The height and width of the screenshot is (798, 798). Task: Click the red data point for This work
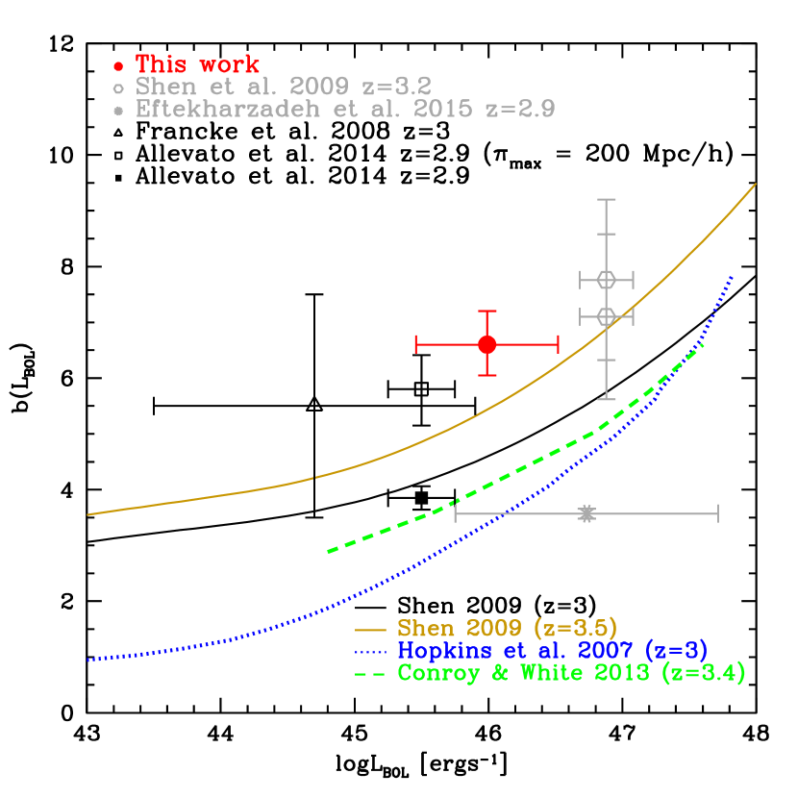pyautogui.click(x=487, y=344)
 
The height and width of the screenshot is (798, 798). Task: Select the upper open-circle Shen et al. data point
pyautogui.click(x=606, y=280)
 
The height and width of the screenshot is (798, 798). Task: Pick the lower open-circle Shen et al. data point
pyautogui.click(x=606, y=316)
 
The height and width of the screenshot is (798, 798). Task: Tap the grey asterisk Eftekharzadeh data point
pyautogui.click(x=586, y=514)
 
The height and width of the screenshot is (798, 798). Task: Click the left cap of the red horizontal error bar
pyautogui.click(x=416, y=344)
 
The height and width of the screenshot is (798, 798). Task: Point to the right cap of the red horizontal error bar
pyautogui.click(x=558, y=344)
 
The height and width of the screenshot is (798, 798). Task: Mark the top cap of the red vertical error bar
pyautogui.click(x=487, y=312)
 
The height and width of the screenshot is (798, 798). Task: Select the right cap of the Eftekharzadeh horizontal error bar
pyautogui.click(x=717, y=514)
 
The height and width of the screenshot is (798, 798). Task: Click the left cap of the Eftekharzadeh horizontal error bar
pyautogui.click(x=456, y=514)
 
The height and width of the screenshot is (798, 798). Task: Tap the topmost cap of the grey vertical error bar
pyautogui.click(x=606, y=200)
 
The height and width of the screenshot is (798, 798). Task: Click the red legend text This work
pyautogui.click(x=197, y=64)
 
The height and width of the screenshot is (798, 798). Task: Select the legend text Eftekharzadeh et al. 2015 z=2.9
pyautogui.click(x=345, y=109)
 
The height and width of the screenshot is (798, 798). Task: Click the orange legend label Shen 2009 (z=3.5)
pyautogui.click(x=507, y=629)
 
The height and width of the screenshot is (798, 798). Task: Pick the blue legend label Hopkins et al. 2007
pyautogui.click(x=553, y=651)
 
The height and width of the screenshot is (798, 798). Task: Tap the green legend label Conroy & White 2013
pyautogui.click(x=571, y=673)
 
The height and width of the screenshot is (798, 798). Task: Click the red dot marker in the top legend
pyautogui.click(x=118, y=66)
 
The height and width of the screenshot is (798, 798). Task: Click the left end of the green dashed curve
pyautogui.click(x=330, y=551)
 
